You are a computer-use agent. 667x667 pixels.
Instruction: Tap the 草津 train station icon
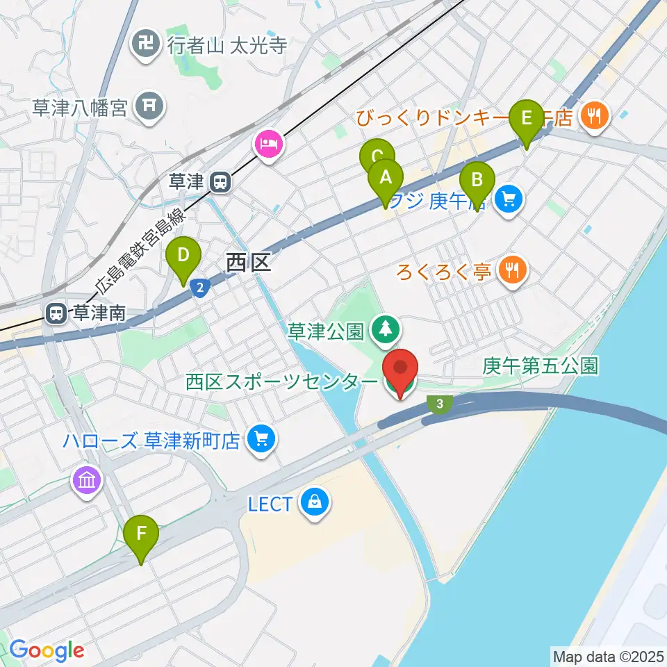pos(220,182)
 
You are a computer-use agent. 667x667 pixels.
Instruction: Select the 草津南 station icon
pos(57,314)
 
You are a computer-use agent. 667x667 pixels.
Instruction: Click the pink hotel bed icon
pos(268,145)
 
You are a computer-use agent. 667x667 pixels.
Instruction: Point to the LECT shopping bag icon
pos(315,502)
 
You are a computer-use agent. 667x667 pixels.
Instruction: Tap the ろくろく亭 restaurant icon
pos(513,270)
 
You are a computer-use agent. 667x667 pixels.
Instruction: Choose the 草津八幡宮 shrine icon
pos(149,107)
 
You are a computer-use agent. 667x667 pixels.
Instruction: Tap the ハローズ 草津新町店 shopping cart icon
pos(261,439)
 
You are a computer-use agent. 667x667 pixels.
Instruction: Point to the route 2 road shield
pos(199,286)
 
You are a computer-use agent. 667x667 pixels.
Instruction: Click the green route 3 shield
pos(439,404)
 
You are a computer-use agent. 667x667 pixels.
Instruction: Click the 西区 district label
pos(247,263)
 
